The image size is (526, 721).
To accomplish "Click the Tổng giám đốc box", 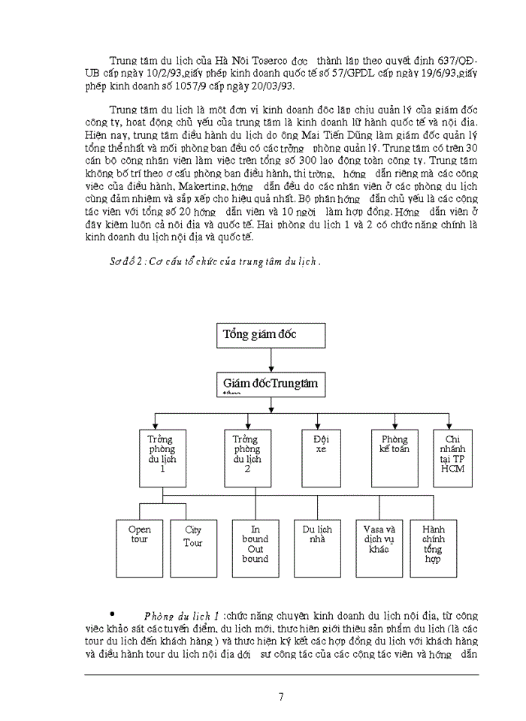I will pyautogui.click(x=273, y=335).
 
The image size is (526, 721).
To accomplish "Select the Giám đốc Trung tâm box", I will pyautogui.click(x=273, y=385).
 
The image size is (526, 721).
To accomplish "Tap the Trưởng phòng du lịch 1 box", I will pyautogui.click(x=161, y=457).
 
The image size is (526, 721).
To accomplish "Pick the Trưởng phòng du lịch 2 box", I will pyautogui.click(x=246, y=457).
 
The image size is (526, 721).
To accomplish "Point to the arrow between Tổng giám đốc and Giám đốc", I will pyautogui.click(x=273, y=360).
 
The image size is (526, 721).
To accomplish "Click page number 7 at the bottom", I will pyautogui.click(x=280, y=696).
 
